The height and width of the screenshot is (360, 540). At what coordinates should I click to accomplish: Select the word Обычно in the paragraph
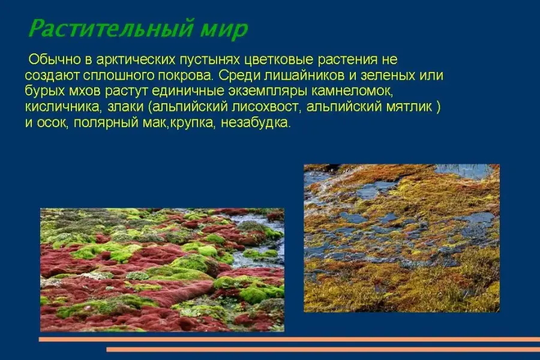(55, 59)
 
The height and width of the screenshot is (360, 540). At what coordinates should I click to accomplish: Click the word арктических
(136, 60)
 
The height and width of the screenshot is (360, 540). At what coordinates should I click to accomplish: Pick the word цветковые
(279, 60)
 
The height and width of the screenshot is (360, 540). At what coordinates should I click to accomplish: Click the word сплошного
(118, 76)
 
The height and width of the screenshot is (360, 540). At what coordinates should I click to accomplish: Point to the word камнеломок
(352, 91)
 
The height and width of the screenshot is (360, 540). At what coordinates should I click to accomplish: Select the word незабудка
(255, 122)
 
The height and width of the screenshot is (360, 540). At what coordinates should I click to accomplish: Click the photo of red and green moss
(162, 270)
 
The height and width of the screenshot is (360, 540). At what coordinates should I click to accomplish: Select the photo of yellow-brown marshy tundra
(401, 238)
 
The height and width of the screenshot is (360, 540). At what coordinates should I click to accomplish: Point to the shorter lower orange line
(323, 349)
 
